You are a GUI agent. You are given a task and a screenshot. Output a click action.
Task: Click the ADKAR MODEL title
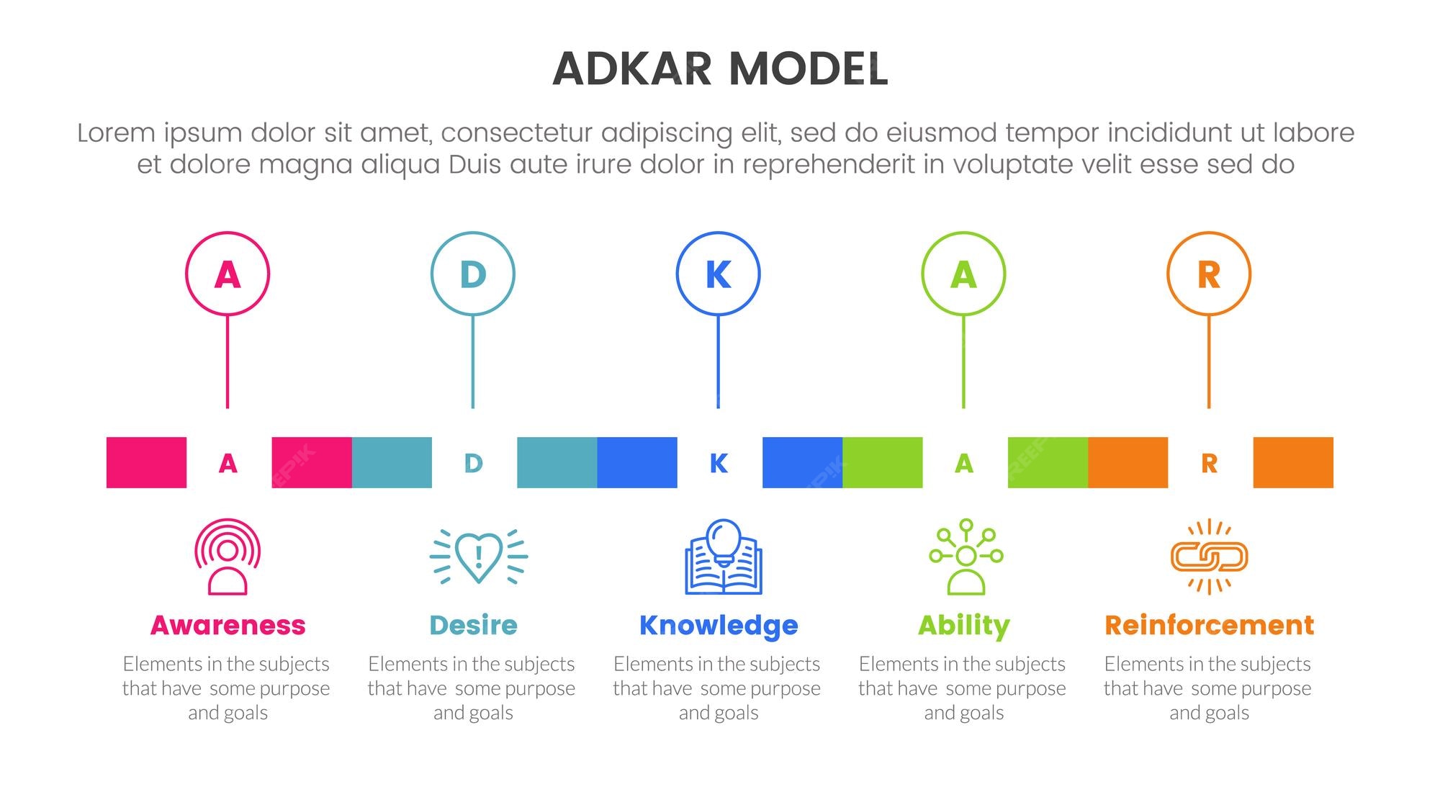pyautogui.click(x=720, y=69)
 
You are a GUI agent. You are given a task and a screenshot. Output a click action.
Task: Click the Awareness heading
pyautogui.click(x=228, y=625)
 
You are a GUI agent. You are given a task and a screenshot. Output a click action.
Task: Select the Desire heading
pyautogui.click(x=473, y=625)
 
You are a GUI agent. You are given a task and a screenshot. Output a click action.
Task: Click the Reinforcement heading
pyautogui.click(x=1210, y=625)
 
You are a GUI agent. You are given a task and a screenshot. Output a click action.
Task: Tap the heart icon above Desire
pyautogui.click(x=479, y=557)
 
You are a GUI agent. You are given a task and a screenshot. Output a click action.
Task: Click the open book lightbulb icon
pyautogui.click(x=724, y=557)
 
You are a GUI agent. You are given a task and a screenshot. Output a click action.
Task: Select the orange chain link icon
pyautogui.click(x=1210, y=557)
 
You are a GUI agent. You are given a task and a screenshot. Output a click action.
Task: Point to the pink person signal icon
pyautogui.click(x=228, y=557)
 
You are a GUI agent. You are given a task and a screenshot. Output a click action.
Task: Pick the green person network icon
pyautogui.click(x=966, y=557)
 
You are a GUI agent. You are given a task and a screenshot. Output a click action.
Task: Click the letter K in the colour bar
pyautogui.click(x=719, y=463)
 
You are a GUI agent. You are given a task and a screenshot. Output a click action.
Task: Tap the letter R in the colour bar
pyautogui.click(x=1210, y=463)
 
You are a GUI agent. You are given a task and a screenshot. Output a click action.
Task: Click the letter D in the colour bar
pyautogui.click(x=473, y=463)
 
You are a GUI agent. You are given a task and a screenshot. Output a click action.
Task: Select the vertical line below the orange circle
pyautogui.click(x=1209, y=362)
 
